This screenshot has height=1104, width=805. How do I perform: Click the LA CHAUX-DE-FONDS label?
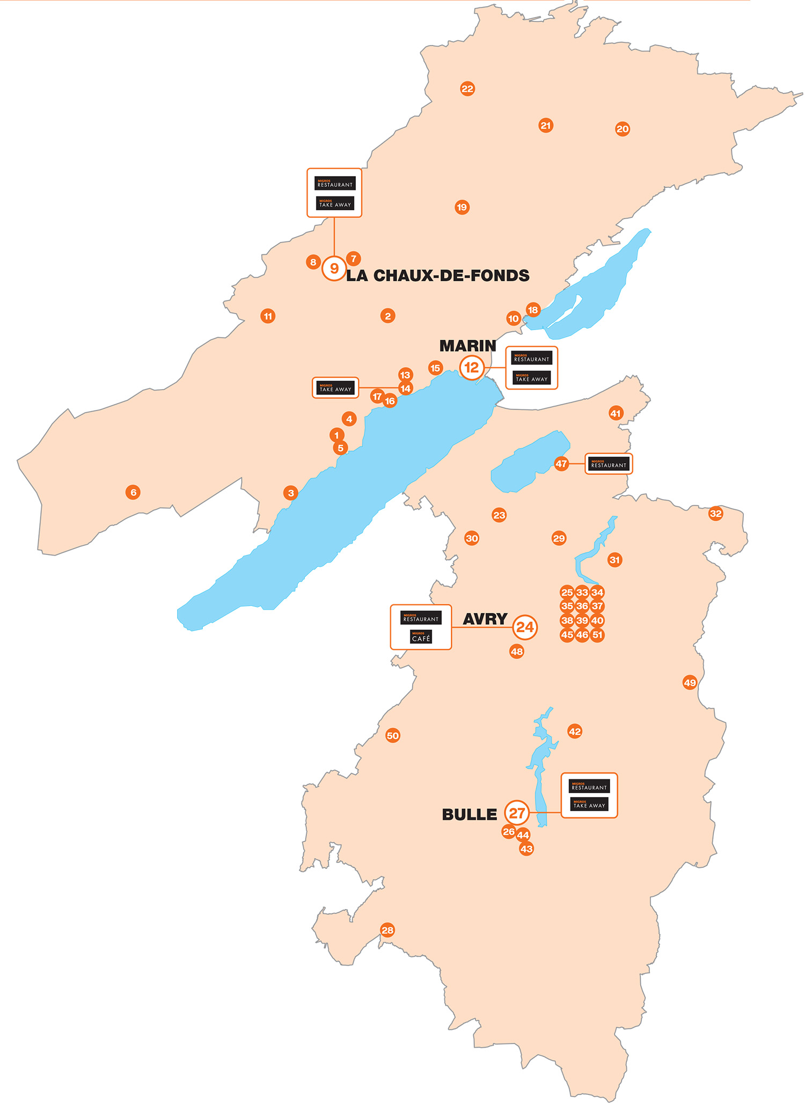437,276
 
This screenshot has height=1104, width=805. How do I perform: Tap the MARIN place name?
467,346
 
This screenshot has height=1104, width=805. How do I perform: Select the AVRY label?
485,619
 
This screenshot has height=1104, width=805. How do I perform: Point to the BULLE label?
470,815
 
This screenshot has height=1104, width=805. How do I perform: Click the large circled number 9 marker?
334,268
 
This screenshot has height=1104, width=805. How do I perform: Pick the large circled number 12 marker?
472,368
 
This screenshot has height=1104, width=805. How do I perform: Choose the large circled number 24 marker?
525,627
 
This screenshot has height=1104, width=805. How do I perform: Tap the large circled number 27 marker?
517,814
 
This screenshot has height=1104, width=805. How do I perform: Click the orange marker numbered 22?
467,89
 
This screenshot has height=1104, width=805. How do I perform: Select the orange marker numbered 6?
133,492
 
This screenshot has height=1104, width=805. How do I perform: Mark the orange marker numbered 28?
387,930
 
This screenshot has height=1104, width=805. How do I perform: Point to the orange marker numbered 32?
715,514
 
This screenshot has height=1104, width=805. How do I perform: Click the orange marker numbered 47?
561,464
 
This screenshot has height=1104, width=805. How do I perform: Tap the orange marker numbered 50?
393,735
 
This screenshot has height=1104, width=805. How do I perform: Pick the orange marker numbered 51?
597,635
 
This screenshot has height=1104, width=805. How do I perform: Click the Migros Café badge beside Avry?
421,638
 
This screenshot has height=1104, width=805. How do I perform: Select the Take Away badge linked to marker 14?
335,388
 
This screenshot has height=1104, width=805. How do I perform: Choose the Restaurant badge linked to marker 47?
609,464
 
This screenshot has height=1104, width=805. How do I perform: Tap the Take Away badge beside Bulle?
589,805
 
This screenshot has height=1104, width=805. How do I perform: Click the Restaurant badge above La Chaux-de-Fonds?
335,184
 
